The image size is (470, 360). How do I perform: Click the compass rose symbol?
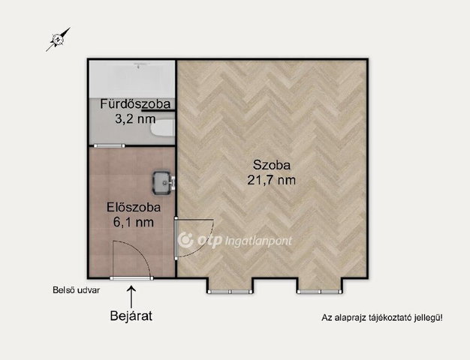click(x=58, y=39)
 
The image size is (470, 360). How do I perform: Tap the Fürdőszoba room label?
click(x=135, y=104)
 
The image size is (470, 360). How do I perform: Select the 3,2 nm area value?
click(x=135, y=119)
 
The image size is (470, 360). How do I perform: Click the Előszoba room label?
click(x=134, y=207)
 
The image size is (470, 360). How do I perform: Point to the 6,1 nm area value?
click(x=134, y=222)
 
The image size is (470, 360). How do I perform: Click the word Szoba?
click(x=272, y=165)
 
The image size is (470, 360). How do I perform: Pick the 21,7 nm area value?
click(x=271, y=180)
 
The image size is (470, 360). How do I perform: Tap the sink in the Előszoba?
click(x=164, y=182)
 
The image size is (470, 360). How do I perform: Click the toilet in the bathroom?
click(x=162, y=128)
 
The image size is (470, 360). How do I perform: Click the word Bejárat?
click(x=131, y=316)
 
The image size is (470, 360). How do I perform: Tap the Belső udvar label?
click(x=76, y=290)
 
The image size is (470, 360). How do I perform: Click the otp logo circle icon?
click(x=186, y=240)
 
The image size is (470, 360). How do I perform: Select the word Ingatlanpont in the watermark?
click(x=258, y=241)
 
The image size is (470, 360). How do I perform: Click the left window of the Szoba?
click(x=230, y=292)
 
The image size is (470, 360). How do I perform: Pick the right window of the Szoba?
click(x=320, y=292)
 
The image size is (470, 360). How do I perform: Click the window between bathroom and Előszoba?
click(x=109, y=145)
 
